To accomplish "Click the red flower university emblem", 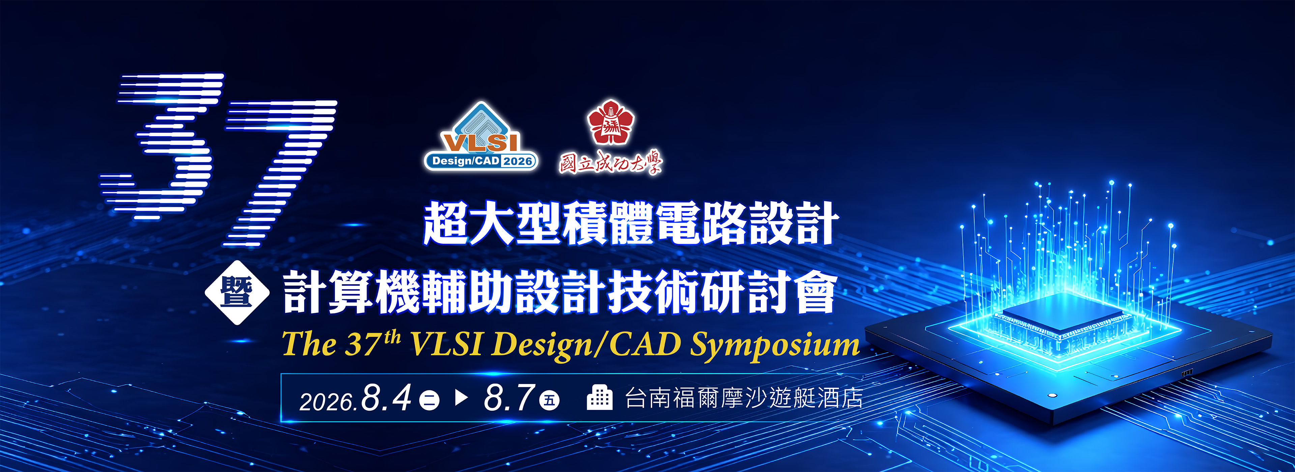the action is (x=611, y=122).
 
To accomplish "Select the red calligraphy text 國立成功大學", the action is (x=611, y=162).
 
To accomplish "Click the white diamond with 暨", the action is (x=237, y=293).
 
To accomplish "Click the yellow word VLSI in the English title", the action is (x=447, y=344).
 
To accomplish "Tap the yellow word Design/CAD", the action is (x=586, y=345).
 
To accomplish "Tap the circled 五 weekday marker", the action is (x=549, y=400).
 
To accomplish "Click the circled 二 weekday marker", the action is (x=429, y=401).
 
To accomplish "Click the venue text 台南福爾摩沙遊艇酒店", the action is (x=744, y=398).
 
